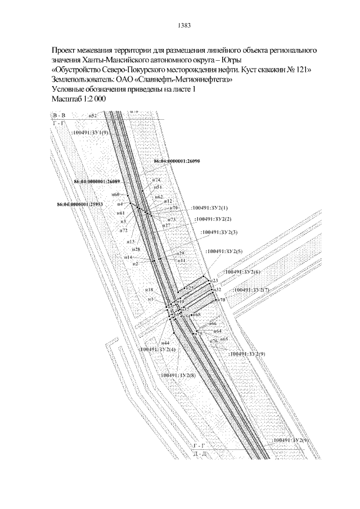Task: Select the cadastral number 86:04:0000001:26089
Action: tap(97, 182)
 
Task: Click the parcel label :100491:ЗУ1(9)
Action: tap(90, 132)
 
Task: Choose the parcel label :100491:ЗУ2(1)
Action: tap(210, 208)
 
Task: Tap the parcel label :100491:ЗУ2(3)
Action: tap(219, 232)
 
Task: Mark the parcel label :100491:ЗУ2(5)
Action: tap(224, 251)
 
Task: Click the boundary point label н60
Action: tap(116, 195)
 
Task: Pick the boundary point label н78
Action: tap(221, 300)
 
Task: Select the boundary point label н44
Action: tap(165, 343)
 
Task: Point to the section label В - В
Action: tap(59, 115)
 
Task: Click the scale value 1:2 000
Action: tap(92, 98)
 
